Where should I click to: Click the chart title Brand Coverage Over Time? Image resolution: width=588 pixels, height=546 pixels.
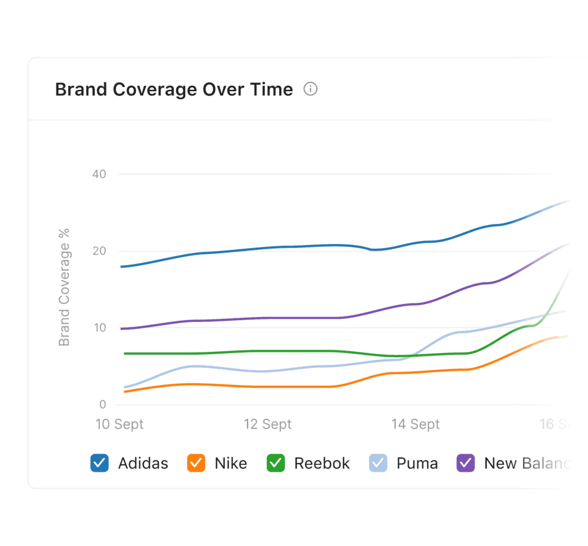tap(173, 89)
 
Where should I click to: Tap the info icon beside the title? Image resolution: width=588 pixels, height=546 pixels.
tap(310, 89)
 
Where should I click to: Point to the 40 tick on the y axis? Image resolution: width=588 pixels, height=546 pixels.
tap(99, 174)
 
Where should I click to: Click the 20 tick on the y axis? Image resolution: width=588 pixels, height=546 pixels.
tap(99, 251)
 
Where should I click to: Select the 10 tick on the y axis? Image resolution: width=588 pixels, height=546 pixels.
tap(99, 328)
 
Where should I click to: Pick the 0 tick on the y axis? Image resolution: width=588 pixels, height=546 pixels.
tap(102, 405)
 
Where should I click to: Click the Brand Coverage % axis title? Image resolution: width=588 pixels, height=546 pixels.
tap(64, 287)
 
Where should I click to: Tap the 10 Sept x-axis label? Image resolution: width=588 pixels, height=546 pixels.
tap(120, 424)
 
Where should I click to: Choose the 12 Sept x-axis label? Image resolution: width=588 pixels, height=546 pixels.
tap(268, 424)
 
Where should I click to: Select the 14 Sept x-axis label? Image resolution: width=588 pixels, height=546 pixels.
tap(416, 424)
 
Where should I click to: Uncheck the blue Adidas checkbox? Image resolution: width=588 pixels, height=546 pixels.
tap(99, 463)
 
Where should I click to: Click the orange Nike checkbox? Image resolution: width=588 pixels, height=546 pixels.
tap(196, 463)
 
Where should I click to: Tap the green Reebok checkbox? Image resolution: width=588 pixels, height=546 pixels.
tap(275, 463)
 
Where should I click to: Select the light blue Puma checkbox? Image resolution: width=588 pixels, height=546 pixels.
tap(378, 463)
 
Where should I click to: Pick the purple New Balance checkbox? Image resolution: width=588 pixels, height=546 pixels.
tap(466, 463)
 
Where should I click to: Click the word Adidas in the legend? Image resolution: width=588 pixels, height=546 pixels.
tap(143, 464)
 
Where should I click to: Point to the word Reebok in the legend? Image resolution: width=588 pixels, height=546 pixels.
tap(322, 464)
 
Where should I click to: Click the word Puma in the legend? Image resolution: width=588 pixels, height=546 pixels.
tap(417, 464)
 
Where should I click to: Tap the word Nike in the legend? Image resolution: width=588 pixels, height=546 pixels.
tap(230, 464)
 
